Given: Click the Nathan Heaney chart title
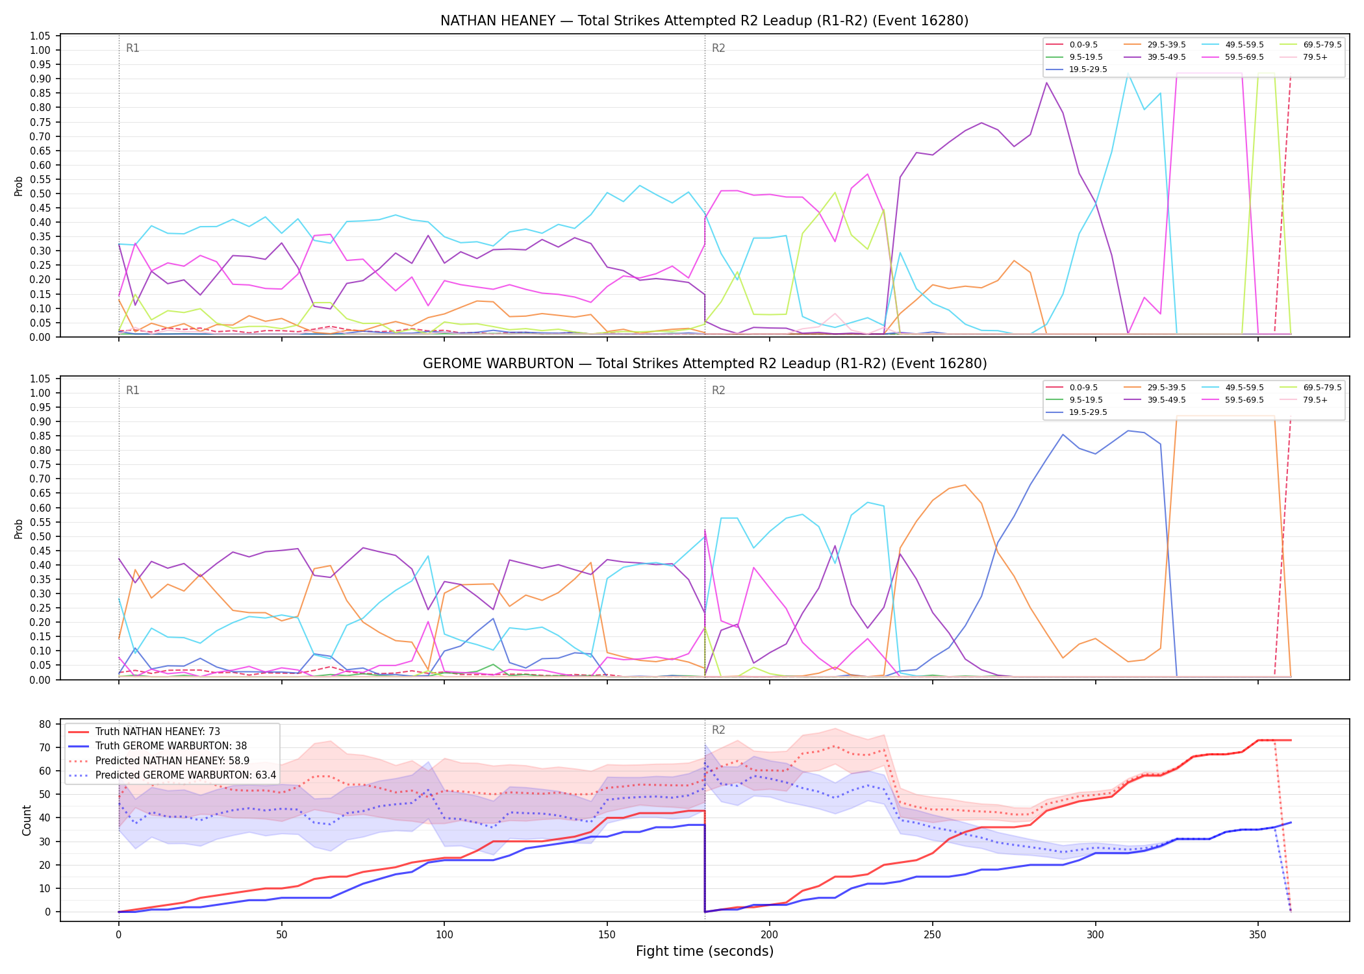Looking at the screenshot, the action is click(704, 21).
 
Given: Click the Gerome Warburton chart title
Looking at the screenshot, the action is click(705, 364).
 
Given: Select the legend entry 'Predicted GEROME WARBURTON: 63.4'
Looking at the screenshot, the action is click(171, 775).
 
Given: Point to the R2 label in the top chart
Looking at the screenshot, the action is click(718, 48).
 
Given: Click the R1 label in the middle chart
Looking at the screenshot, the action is click(133, 390).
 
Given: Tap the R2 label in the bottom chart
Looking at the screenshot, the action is click(718, 730).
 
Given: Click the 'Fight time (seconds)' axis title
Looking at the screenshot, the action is click(705, 951).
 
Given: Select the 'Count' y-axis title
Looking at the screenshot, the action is click(27, 820).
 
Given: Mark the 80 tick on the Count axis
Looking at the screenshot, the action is click(45, 724).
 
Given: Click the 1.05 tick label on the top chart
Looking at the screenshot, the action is click(40, 36).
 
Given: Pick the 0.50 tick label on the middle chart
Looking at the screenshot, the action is click(40, 536).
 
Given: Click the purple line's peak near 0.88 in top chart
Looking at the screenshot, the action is click(1046, 82).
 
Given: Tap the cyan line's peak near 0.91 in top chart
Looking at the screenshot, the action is click(1128, 75).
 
